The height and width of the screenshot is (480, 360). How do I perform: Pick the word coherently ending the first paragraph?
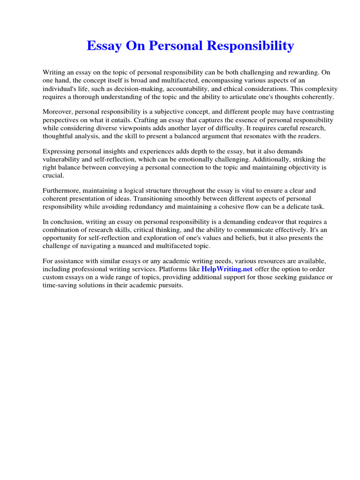pyautogui.click(x=316, y=97)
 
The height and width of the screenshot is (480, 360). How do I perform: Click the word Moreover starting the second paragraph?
pyautogui.click(x=57, y=112)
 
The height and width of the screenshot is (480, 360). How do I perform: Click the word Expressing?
pyautogui.click(x=60, y=151)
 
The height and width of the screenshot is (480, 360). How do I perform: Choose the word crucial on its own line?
pyautogui.click(x=53, y=175)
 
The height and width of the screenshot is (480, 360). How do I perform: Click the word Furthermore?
pyautogui.click(x=62, y=190)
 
